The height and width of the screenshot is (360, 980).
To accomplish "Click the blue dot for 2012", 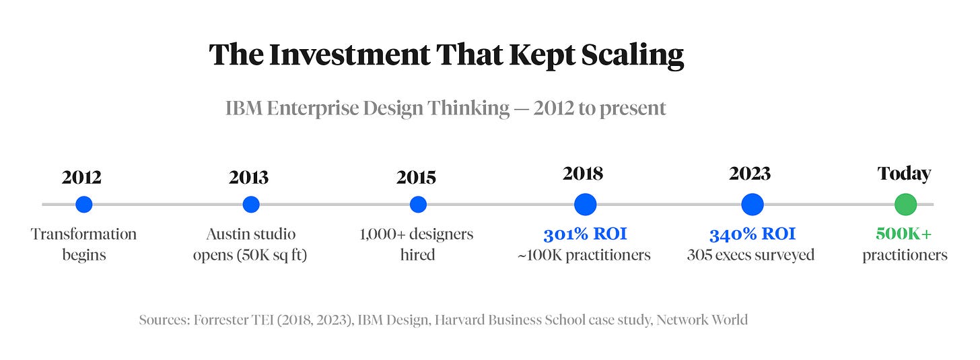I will tap(83, 204).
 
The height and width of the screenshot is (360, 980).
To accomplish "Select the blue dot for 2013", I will tap(251, 204).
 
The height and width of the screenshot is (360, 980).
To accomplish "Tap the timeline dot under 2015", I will tap(418, 204).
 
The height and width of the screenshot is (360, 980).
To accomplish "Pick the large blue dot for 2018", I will tap(585, 204).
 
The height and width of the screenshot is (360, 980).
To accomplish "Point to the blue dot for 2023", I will tap(752, 204).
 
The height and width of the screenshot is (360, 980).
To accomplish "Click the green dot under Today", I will tap(905, 204).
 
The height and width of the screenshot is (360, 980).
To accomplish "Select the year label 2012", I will tap(81, 177).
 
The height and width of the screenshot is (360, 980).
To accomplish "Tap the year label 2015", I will tap(416, 177).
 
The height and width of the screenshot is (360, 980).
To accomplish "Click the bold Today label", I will tap(904, 174).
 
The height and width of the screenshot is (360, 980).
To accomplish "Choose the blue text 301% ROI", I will tap(585, 234).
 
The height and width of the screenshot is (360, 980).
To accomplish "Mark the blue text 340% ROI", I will tap(752, 234).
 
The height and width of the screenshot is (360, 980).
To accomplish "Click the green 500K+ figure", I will tap(904, 234).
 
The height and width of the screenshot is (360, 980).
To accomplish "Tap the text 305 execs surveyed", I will tap(750, 255).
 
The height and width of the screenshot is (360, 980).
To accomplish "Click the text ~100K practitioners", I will tap(584, 255).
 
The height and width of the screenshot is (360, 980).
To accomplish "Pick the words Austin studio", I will tap(250, 234).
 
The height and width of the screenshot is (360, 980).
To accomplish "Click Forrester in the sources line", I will tap(219, 320).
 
